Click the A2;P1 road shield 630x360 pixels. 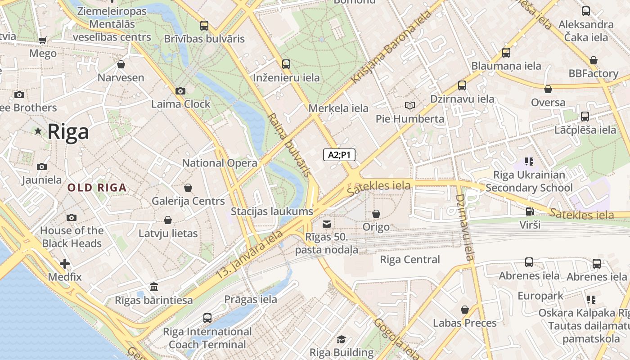coord(339,155)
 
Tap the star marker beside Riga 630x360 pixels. coord(38,131)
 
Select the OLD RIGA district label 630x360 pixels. coord(97,188)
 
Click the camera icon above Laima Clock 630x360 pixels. coord(180,91)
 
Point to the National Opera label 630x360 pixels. coord(220,163)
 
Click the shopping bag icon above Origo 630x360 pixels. coord(376,214)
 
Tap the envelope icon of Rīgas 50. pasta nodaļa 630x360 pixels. coord(327,224)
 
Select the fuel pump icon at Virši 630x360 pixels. coord(530,211)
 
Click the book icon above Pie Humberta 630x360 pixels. coord(409,106)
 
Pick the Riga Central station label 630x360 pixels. coord(409,260)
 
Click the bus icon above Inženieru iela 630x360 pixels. coord(286,64)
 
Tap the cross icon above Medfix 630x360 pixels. coord(65,263)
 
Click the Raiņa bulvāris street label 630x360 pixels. coord(289,144)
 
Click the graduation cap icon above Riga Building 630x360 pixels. coord(342,339)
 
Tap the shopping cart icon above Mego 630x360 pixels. coord(43,40)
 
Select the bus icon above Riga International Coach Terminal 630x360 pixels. coord(207,318)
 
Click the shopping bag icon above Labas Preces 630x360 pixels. coord(465,310)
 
